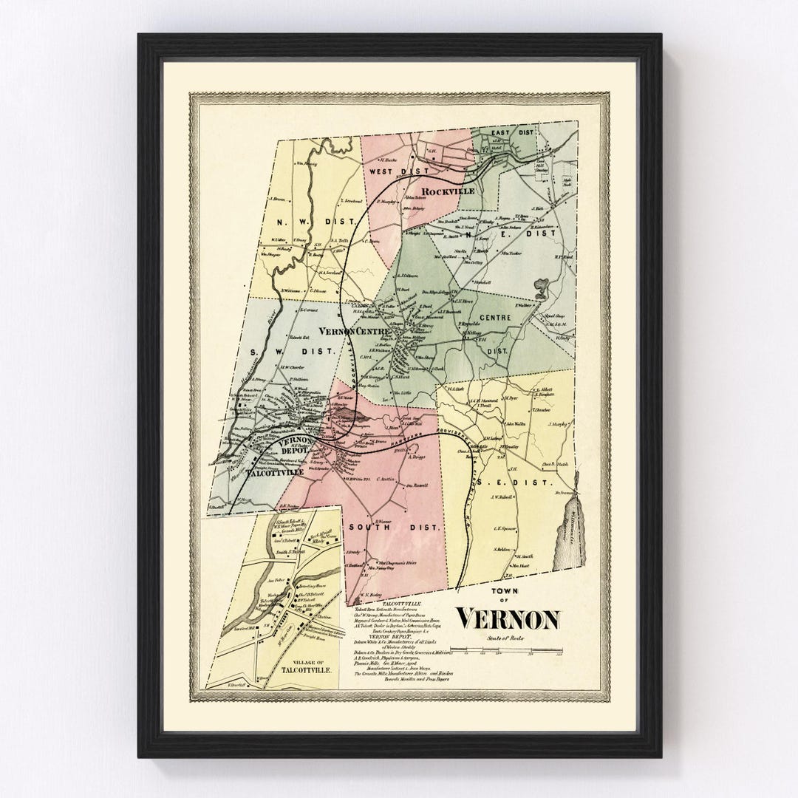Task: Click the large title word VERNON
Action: click(x=508, y=618)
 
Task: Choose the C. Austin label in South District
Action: click(x=386, y=480)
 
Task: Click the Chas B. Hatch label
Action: click(x=554, y=465)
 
